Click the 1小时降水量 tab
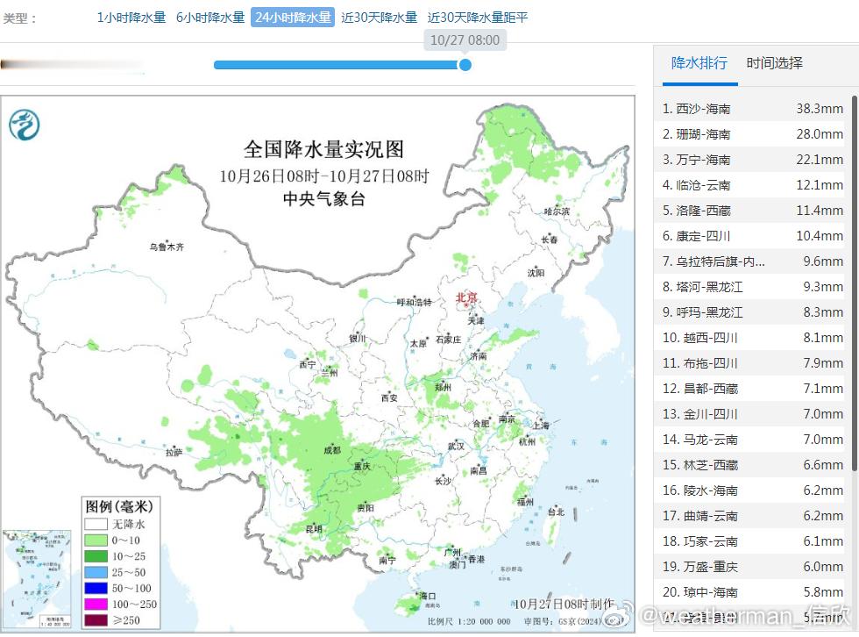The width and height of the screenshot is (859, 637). pos(131,18)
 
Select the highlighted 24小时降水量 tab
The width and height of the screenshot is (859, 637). pos(293,18)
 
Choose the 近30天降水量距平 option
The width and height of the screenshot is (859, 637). pos(478,18)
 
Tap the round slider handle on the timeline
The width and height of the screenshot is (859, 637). pos(465,65)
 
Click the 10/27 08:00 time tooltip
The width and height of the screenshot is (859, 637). pos(465,39)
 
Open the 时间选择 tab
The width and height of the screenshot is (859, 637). pos(774,63)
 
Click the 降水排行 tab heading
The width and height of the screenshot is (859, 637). pos(699,63)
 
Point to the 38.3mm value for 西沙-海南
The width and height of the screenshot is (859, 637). pos(819,109)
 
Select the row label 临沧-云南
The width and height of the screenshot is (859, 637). pos(703,185)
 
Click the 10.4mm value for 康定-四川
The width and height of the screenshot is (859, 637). pos(819,236)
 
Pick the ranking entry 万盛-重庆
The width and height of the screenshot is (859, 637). pos(706,567)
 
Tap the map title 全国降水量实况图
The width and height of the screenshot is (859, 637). pos(323,148)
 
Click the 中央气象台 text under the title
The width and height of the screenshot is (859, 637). pos(323,199)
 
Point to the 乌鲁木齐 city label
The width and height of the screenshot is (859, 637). pos(167,247)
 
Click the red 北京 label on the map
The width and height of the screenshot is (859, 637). pos(466,298)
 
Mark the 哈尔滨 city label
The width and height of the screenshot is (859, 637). pos(556,211)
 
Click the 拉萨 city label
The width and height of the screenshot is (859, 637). pos(174,453)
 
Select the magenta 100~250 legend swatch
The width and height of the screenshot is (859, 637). pos(96,605)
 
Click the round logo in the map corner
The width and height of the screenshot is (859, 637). pos(25,124)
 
